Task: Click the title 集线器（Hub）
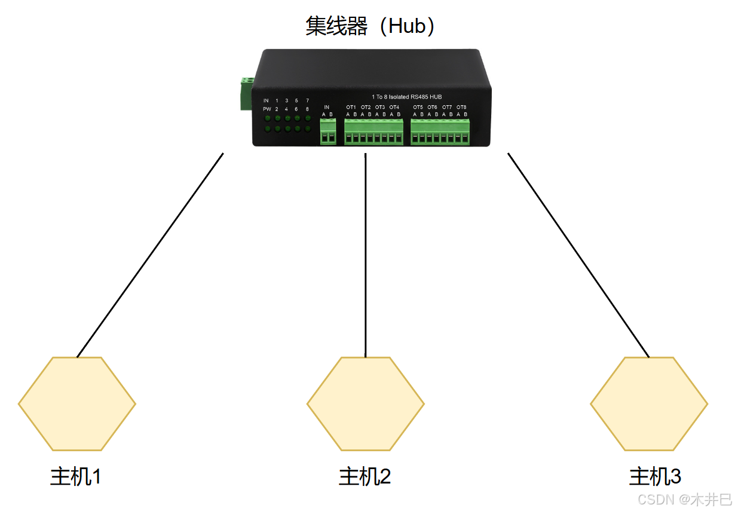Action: click(x=370, y=26)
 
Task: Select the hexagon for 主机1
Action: click(x=77, y=403)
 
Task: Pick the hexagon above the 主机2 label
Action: click(x=366, y=403)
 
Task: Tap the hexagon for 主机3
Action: click(x=649, y=403)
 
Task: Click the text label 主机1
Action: click(x=76, y=477)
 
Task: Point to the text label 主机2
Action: click(x=365, y=477)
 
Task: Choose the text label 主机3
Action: click(x=655, y=477)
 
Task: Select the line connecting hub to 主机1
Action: click(x=150, y=255)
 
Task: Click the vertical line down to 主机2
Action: click(x=366, y=255)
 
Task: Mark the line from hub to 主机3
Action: click(x=578, y=255)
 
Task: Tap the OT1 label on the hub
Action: click(x=351, y=108)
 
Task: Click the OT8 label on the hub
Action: click(x=461, y=108)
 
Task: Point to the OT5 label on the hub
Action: click(x=418, y=108)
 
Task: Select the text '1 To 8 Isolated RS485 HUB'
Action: click(x=406, y=97)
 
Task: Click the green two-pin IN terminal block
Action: click(x=327, y=131)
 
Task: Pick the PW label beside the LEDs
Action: click(x=267, y=109)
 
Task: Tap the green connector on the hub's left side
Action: click(x=246, y=93)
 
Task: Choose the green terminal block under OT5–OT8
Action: click(x=440, y=131)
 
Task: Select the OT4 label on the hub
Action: click(x=394, y=108)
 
